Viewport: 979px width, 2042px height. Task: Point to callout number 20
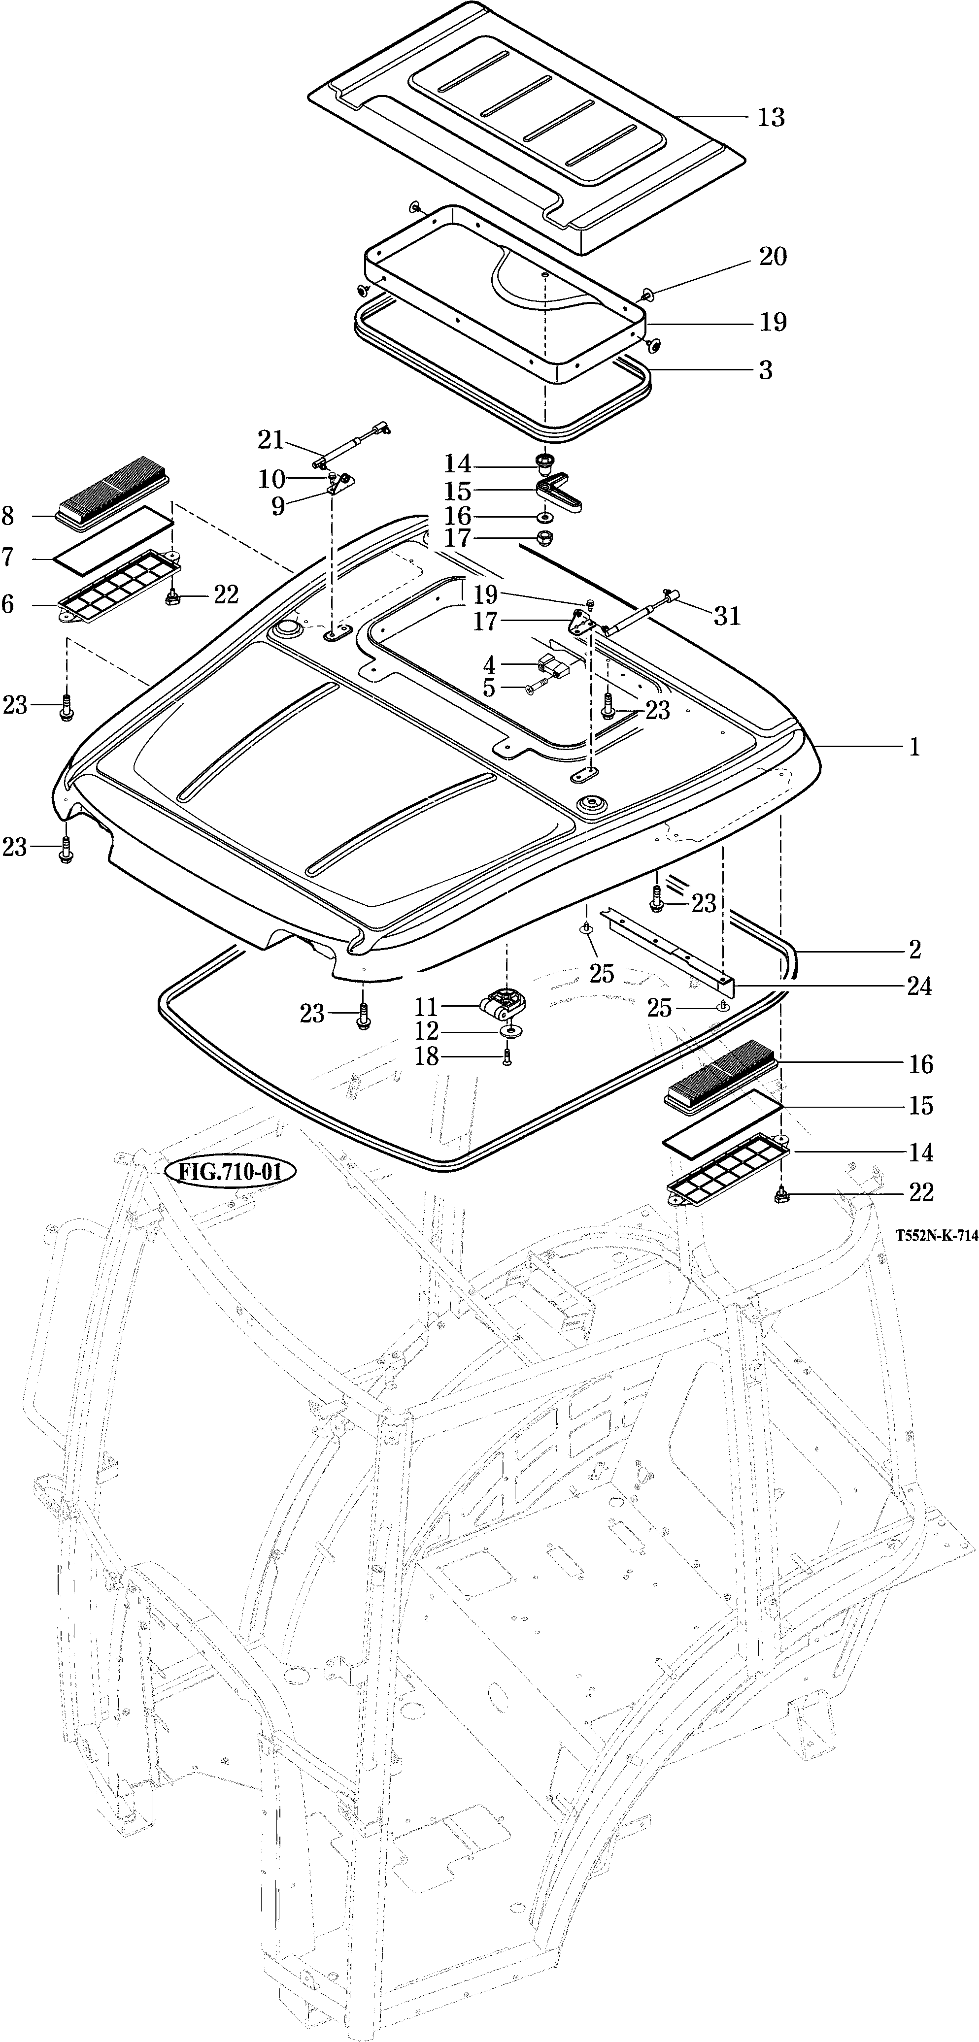(x=773, y=257)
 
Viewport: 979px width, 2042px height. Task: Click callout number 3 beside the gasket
(x=765, y=370)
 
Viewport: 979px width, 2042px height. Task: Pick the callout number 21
(x=270, y=439)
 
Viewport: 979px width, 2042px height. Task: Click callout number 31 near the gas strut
(x=727, y=616)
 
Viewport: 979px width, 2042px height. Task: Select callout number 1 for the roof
(x=914, y=747)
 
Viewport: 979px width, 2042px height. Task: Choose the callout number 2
(x=915, y=949)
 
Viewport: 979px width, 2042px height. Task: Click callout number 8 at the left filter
(x=8, y=516)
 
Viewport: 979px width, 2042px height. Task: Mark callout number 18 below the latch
(x=427, y=1056)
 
